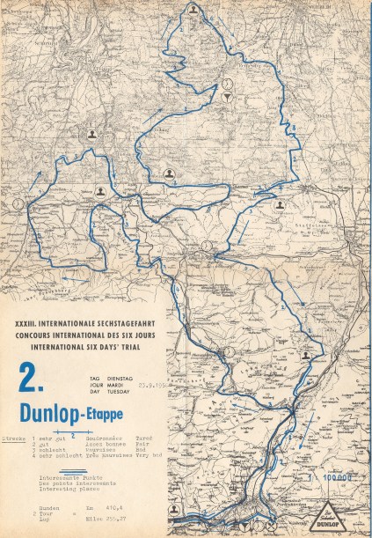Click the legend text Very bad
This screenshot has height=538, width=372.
point(150,456)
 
